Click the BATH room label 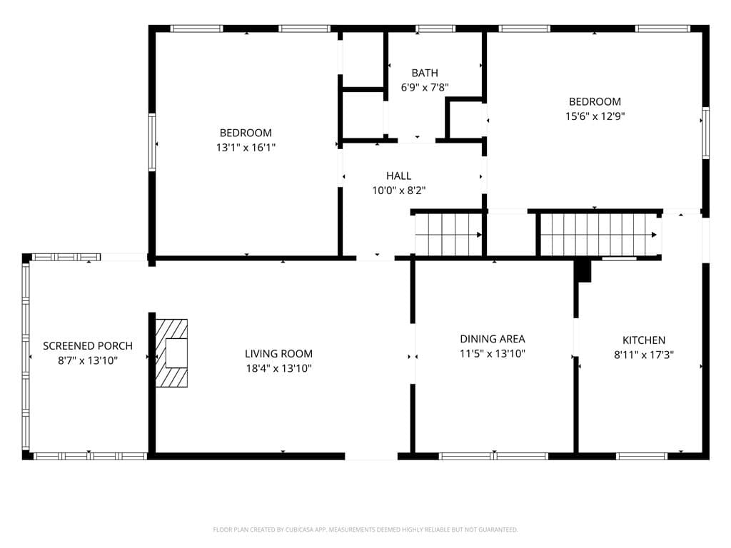[425, 73]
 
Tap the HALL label [398, 176]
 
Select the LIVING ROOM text [279, 354]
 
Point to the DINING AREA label [493, 339]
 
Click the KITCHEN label [644, 340]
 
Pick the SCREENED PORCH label [88, 346]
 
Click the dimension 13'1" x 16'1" [246, 148]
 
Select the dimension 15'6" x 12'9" [595, 116]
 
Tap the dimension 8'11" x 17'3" [644, 355]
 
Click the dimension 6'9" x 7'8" [425, 88]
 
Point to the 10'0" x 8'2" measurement [398, 191]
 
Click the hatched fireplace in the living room [171, 352]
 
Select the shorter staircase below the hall [449, 235]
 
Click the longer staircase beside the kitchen [599, 235]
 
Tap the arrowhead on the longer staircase [655, 235]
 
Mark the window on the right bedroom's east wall [705, 133]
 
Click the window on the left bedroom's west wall [152, 142]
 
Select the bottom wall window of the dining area [494, 456]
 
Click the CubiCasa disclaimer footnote [365, 530]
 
